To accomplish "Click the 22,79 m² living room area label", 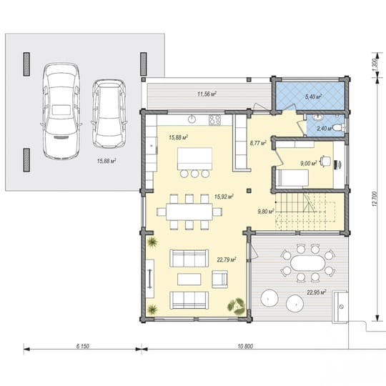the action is (x=227, y=259).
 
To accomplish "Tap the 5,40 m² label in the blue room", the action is (x=313, y=96).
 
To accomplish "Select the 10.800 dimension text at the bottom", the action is (x=245, y=346).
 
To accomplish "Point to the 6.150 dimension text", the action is (x=82, y=346).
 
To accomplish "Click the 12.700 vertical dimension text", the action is (x=375, y=199).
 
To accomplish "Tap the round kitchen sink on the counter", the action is (x=192, y=119).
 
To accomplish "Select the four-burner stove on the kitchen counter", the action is (x=214, y=120).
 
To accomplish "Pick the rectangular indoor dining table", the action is (x=189, y=212).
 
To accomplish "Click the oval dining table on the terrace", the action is (x=307, y=263).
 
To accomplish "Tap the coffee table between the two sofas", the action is (x=189, y=279).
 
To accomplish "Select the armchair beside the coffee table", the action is (x=219, y=279).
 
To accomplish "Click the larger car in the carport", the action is (x=61, y=111).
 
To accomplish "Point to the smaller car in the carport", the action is (x=109, y=114).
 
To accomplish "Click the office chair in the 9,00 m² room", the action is (x=325, y=161).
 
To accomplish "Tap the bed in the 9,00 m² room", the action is (x=292, y=177).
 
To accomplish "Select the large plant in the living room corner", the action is (x=237, y=306).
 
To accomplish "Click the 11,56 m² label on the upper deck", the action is (x=207, y=94).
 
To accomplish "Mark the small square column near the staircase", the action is (x=249, y=190).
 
